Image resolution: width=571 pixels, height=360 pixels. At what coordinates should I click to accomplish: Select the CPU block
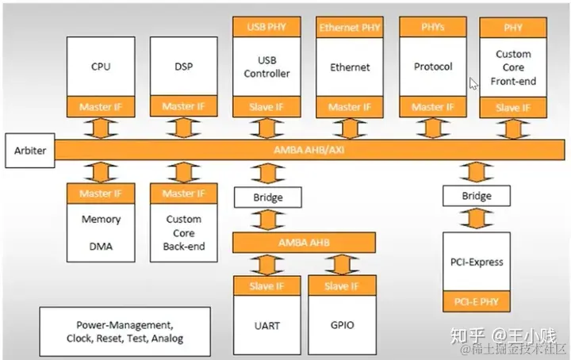tap(101, 67)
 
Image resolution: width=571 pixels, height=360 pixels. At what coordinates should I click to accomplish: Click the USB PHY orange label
tap(264, 27)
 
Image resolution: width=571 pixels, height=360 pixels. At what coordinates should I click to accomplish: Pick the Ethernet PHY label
tap(349, 27)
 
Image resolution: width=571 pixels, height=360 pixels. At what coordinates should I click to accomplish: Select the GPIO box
tap(342, 325)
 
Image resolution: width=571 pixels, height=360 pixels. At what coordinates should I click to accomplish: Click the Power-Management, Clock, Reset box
tap(125, 331)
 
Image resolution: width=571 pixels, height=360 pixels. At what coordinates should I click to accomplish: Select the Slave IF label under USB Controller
tap(264, 107)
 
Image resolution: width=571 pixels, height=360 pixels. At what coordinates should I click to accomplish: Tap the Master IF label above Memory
tap(101, 193)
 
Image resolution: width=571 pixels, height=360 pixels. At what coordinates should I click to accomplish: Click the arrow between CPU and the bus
tap(101, 127)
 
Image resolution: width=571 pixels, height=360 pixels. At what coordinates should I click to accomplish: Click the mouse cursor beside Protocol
tap(473, 83)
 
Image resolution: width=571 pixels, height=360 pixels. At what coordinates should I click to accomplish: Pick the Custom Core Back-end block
tap(184, 232)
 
